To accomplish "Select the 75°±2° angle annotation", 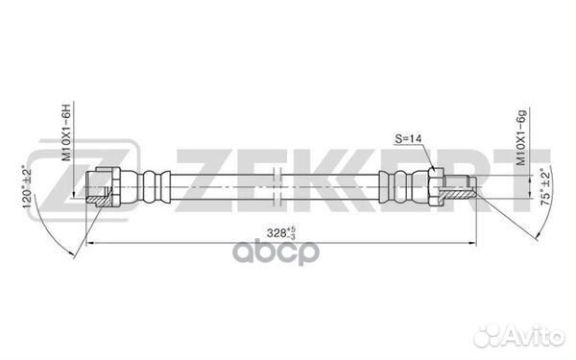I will (x=544, y=190).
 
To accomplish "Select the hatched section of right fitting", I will (x=467, y=192).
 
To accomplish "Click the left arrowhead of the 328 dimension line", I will (x=92, y=243).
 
